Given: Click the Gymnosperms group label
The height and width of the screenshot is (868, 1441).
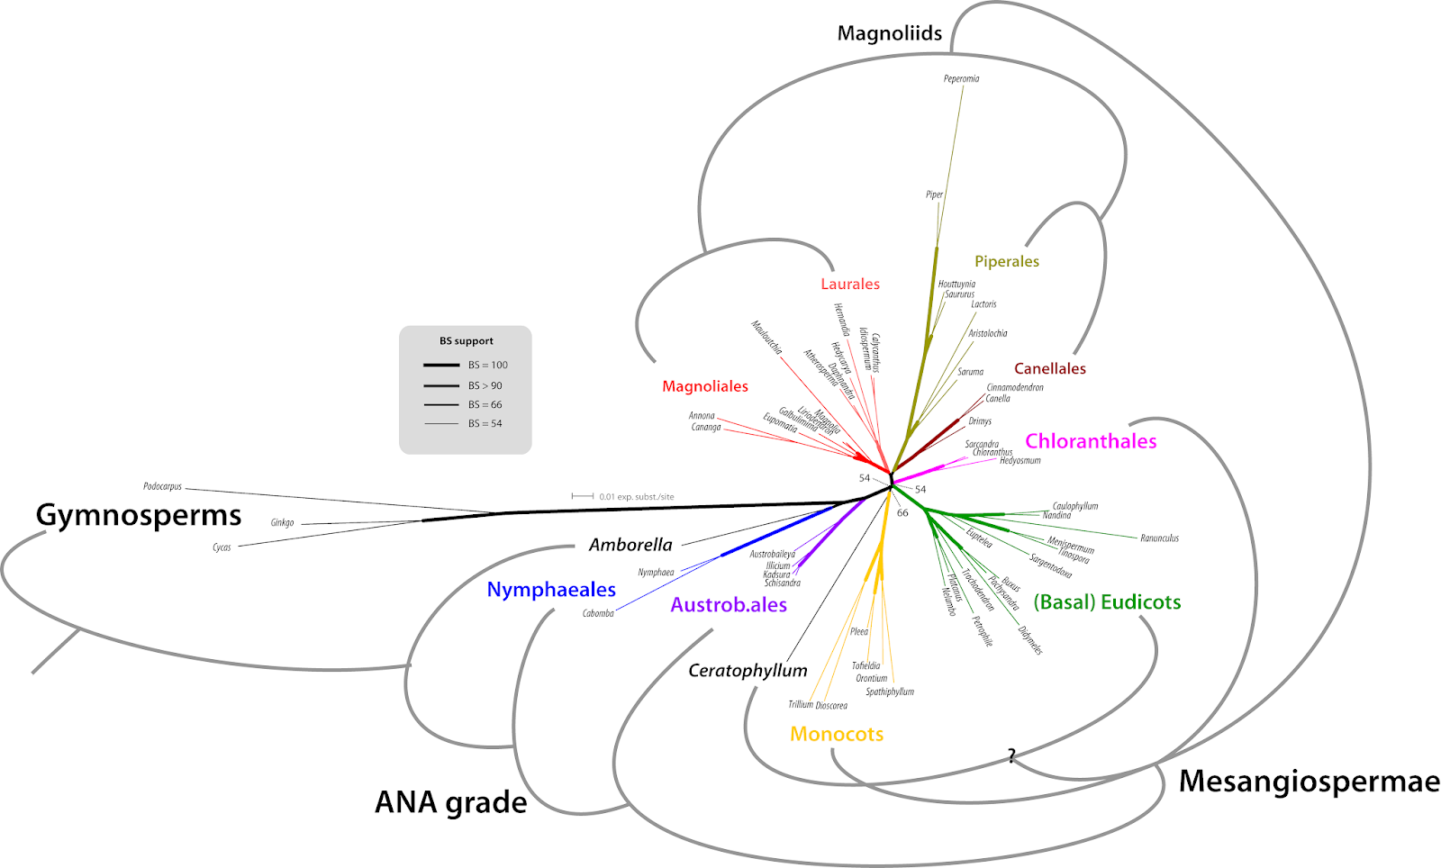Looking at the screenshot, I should click(x=139, y=515).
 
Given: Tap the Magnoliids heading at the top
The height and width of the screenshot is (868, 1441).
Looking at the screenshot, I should click(x=889, y=34).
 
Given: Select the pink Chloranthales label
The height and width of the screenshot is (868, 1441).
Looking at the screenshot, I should click(x=1091, y=441).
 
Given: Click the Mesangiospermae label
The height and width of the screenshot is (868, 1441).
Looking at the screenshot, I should click(x=1309, y=781).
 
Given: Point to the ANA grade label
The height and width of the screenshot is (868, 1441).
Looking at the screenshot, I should click(x=450, y=801).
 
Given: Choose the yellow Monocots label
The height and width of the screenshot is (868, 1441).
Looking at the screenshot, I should click(x=837, y=734).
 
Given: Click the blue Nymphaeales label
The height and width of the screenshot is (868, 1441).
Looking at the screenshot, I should click(x=551, y=590).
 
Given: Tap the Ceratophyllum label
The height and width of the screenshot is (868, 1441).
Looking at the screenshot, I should click(x=748, y=670).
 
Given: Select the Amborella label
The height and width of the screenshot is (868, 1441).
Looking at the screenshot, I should click(x=630, y=545).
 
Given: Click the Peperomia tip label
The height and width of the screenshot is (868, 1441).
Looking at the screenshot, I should click(x=961, y=79).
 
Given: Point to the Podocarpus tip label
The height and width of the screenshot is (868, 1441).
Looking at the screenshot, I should click(x=162, y=486).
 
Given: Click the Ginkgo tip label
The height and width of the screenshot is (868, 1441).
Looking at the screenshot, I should click(x=282, y=522).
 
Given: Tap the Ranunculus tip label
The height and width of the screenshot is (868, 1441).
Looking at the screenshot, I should click(x=1159, y=538).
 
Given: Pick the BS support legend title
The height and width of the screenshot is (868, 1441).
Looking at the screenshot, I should click(x=466, y=341).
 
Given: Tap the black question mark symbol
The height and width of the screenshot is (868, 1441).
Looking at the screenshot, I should click(x=1011, y=755).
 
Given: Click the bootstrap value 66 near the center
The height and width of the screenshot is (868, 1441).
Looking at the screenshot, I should click(x=902, y=512).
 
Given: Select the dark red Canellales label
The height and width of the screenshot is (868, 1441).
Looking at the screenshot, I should click(x=1049, y=368).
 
